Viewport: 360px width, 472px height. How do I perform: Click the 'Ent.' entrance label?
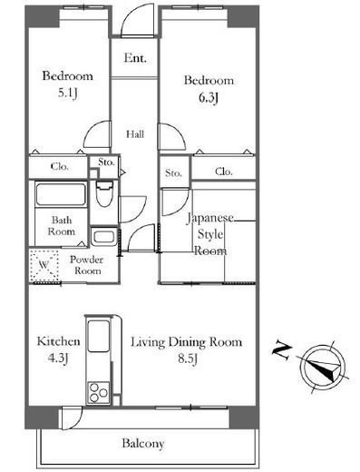pyautogui.click(x=135, y=58)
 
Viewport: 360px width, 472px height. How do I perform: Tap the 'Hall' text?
pyautogui.click(x=135, y=133)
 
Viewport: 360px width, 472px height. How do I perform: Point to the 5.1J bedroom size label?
pyautogui.click(x=68, y=93)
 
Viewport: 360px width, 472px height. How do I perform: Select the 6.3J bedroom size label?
pyautogui.click(x=209, y=97)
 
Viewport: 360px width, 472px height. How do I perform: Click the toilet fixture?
pyautogui.click(x=104, y=193)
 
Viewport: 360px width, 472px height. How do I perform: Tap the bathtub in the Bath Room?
pyautogui.click(x=61, y=194)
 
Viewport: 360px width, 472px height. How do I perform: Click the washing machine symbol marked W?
pyautogui.click(x=44, y=265)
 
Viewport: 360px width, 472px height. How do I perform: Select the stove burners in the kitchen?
pyautogui.click(x=98, y=392)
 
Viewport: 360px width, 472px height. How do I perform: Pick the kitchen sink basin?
pyautogui.click(x=98, y=336)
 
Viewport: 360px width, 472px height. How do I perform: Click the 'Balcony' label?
pyautogui.click(x=143, y=443)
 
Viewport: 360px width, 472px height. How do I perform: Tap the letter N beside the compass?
pyautogui.click(x=282, y=351)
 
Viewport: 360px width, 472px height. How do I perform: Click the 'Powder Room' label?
pyautogui.click(x=87, y=265)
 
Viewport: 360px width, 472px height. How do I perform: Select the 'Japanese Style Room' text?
pyautogui.click(x=210, y=234)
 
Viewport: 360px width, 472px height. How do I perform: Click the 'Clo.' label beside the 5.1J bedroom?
pyautogui.click(x=60, y=166)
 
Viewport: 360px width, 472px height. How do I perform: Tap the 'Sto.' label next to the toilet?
pyautogui.click(x=106, y=162)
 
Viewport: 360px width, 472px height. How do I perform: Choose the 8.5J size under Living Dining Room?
pyautogui.click(x=188, y=359)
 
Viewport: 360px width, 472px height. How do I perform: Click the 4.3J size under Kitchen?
pyautogui.click(x=58, y=359)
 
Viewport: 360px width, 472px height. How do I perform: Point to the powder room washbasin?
pyautogui.click(x=103, y=236)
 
